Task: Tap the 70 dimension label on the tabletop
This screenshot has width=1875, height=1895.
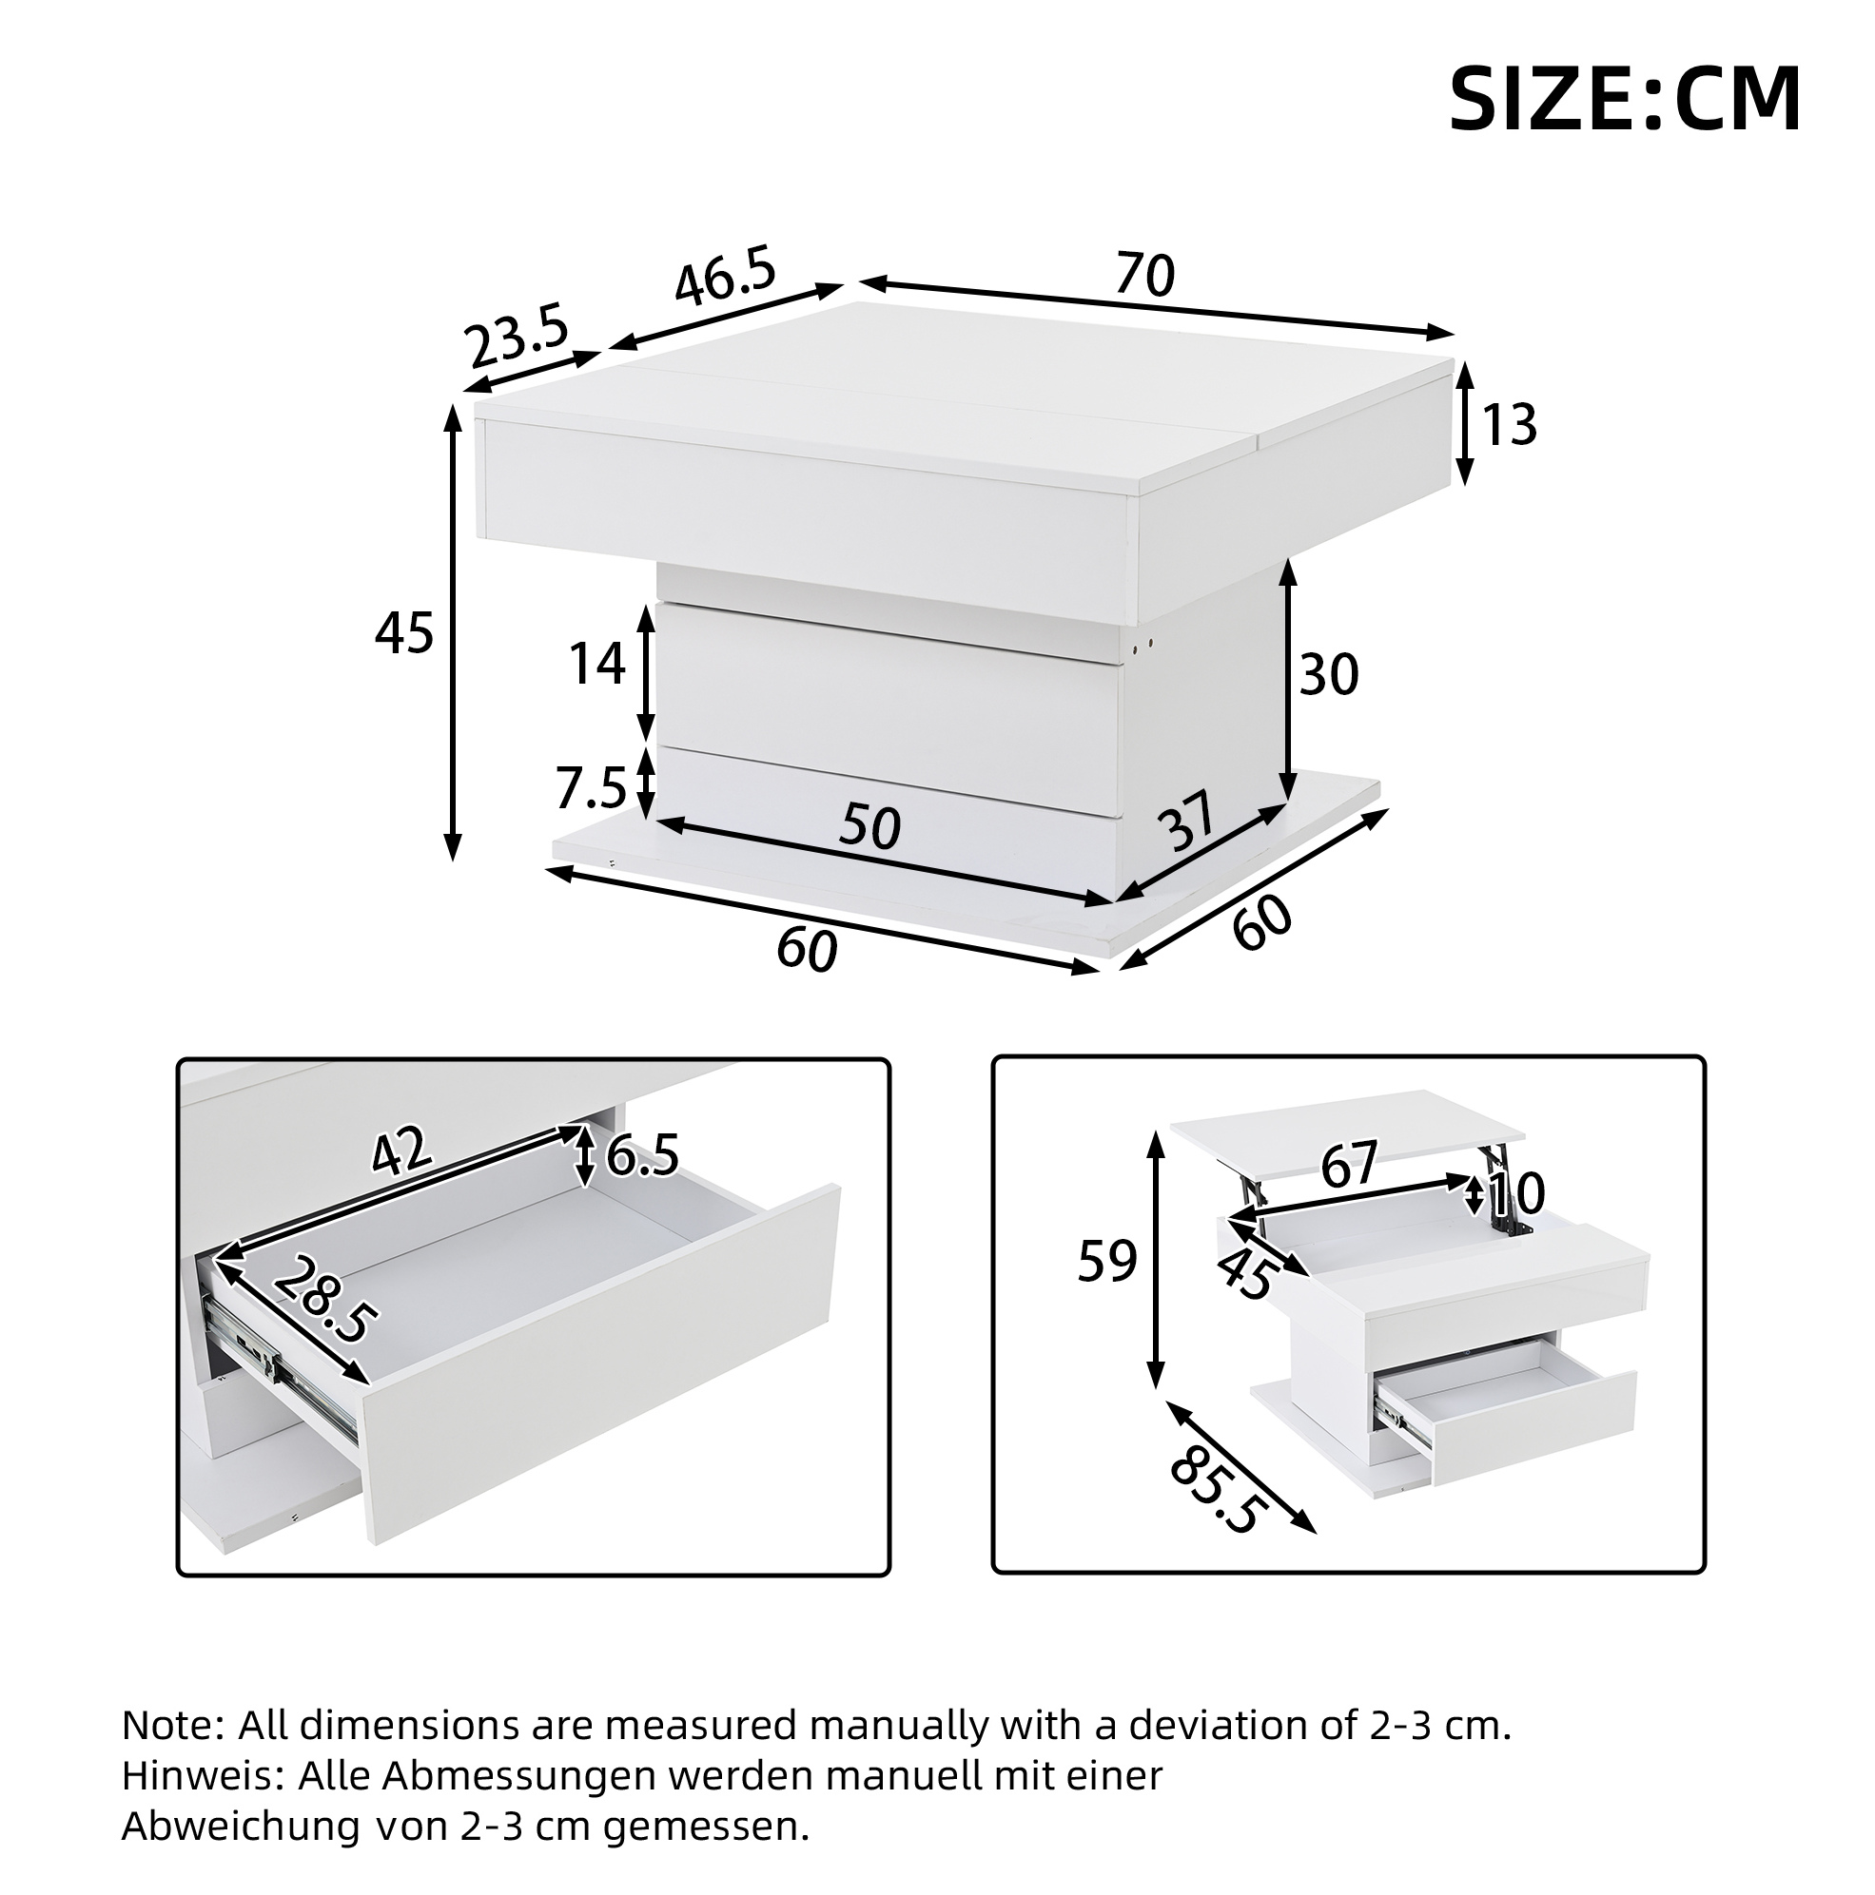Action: (x=1145, y=275)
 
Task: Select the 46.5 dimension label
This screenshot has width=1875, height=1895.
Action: (x=726, y=278)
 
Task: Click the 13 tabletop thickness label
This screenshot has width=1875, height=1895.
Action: (x=1508, y=425)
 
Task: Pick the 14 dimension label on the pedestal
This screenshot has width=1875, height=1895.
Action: (x=597, y=663)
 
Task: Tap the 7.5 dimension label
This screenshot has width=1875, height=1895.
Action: (x=591, y=788)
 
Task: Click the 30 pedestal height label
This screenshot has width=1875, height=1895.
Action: (x=1329, y=675)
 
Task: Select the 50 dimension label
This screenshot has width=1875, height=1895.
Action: (x=869, y=826)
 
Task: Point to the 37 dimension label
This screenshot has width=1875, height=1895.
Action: (x=1186, y=821)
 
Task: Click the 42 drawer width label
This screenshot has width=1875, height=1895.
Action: (x=401, y=1150)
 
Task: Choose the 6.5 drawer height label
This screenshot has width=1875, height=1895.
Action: (x=643, y=1155)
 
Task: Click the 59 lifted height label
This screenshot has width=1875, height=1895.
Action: (x=1106, y=1262)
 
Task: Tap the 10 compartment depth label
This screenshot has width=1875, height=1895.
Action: (x=1517, y=1193)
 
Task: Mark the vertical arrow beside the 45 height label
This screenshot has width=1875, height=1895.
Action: (x=452, y=632)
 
